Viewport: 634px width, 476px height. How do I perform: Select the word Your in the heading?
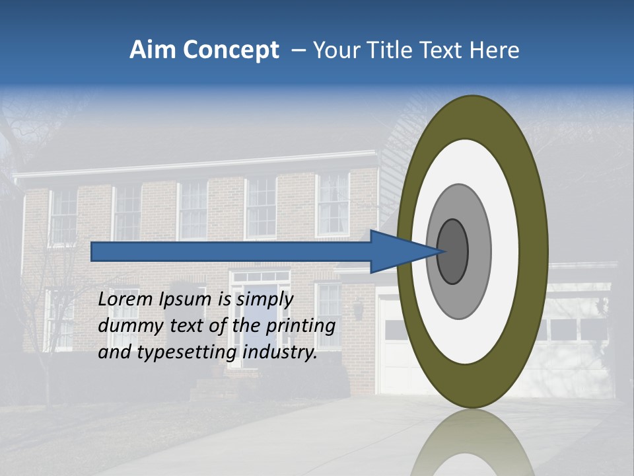tap(333, 50)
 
